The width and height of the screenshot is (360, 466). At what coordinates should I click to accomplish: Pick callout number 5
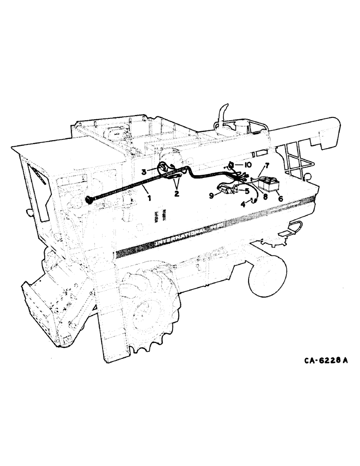tap(247, 190)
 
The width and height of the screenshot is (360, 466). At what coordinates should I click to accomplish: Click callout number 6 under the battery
tap(280, 198)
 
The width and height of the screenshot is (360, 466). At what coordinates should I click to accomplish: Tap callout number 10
tap(248, 165)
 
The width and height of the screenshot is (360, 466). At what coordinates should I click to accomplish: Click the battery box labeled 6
tap(270, 184)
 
